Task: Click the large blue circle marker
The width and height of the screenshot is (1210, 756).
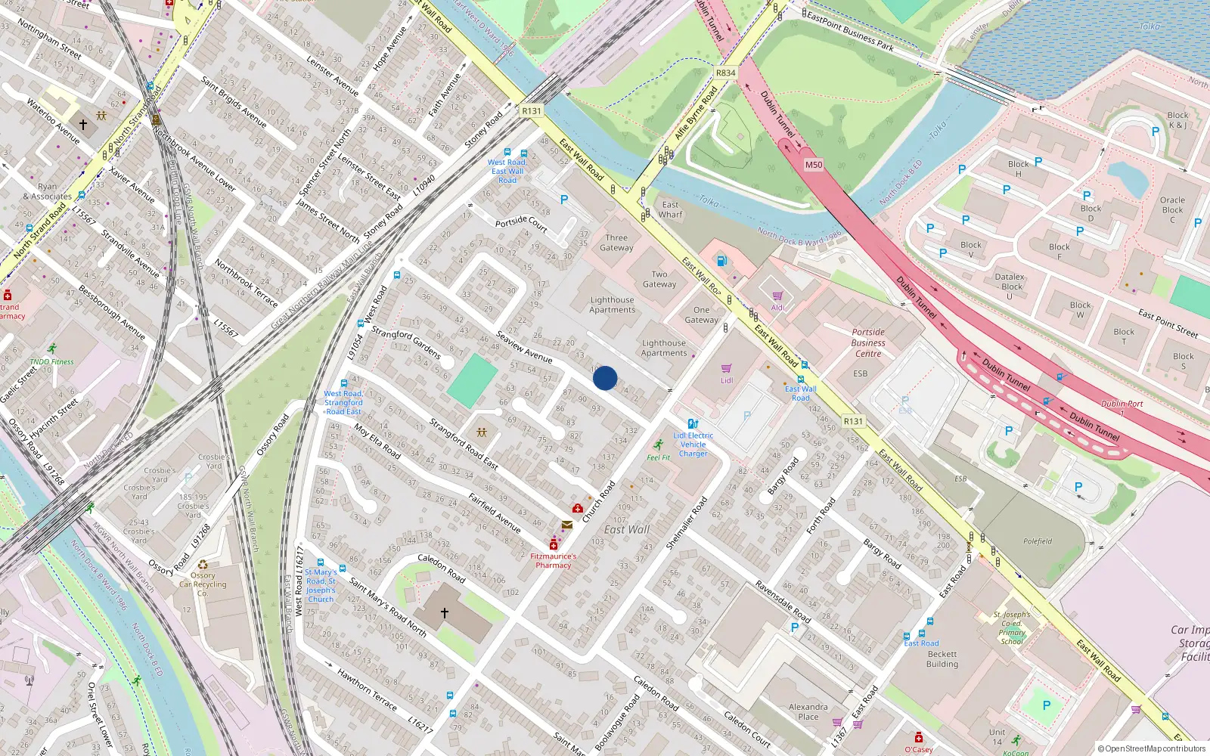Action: pos(605,378)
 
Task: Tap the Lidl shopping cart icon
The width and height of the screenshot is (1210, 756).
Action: pos(727,369)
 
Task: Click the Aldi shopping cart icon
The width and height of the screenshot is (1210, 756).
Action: pos(777,296)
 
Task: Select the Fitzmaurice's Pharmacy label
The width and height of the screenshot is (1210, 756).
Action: pos(553,560)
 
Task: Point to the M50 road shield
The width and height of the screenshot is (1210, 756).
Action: pos(814,165)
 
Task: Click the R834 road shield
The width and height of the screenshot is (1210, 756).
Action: pos(725,73)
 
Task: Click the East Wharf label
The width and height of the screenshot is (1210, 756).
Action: pos(670,209)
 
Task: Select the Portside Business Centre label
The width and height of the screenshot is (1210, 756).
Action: pos(868,342)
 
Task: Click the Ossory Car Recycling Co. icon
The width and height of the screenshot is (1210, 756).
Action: pos(203,564)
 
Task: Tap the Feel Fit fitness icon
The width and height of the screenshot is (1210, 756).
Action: pos(659,445)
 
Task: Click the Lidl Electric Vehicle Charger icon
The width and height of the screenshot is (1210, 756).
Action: pos(693,424)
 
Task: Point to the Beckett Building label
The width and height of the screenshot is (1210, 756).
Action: pos(942,659)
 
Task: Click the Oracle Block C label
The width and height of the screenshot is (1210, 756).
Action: pos(1172,209)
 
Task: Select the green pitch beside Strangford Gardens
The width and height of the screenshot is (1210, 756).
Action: pos(473,381)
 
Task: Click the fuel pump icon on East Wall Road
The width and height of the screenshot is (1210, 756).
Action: pos(721,262)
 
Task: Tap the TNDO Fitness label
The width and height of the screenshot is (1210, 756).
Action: pos(51,361)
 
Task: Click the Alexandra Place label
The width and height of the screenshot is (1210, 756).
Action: pos(808,711)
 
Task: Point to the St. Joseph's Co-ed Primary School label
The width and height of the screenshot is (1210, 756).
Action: pos(1012,627)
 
